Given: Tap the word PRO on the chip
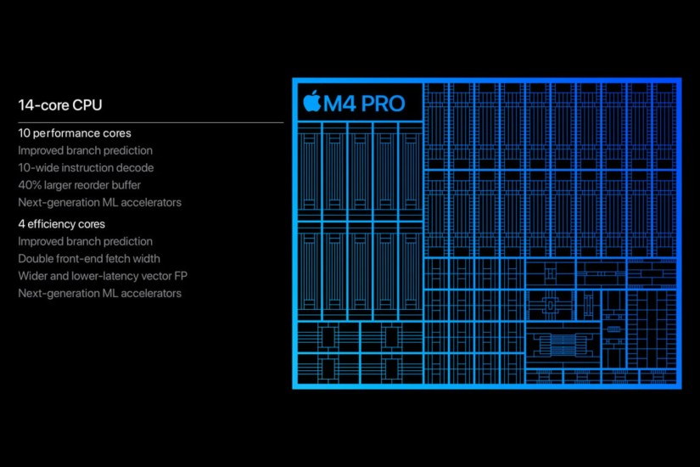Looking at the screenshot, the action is tap(382, 104).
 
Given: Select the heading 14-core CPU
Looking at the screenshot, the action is tap(60, 105).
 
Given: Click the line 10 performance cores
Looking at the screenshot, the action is tap(75, 133).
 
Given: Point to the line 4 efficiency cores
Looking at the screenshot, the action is tap(62, 224).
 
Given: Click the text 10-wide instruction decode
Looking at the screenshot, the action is tap(86, 168).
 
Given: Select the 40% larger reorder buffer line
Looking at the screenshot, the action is tap(80, 185).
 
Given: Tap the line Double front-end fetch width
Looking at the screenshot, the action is tap(89, 258).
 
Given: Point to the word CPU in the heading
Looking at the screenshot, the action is tap(87, 105).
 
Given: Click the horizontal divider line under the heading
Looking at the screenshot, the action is tap(151, 122).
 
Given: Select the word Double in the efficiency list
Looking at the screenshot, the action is tap(35, 258).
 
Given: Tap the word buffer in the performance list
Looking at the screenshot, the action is tap(124, 185).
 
